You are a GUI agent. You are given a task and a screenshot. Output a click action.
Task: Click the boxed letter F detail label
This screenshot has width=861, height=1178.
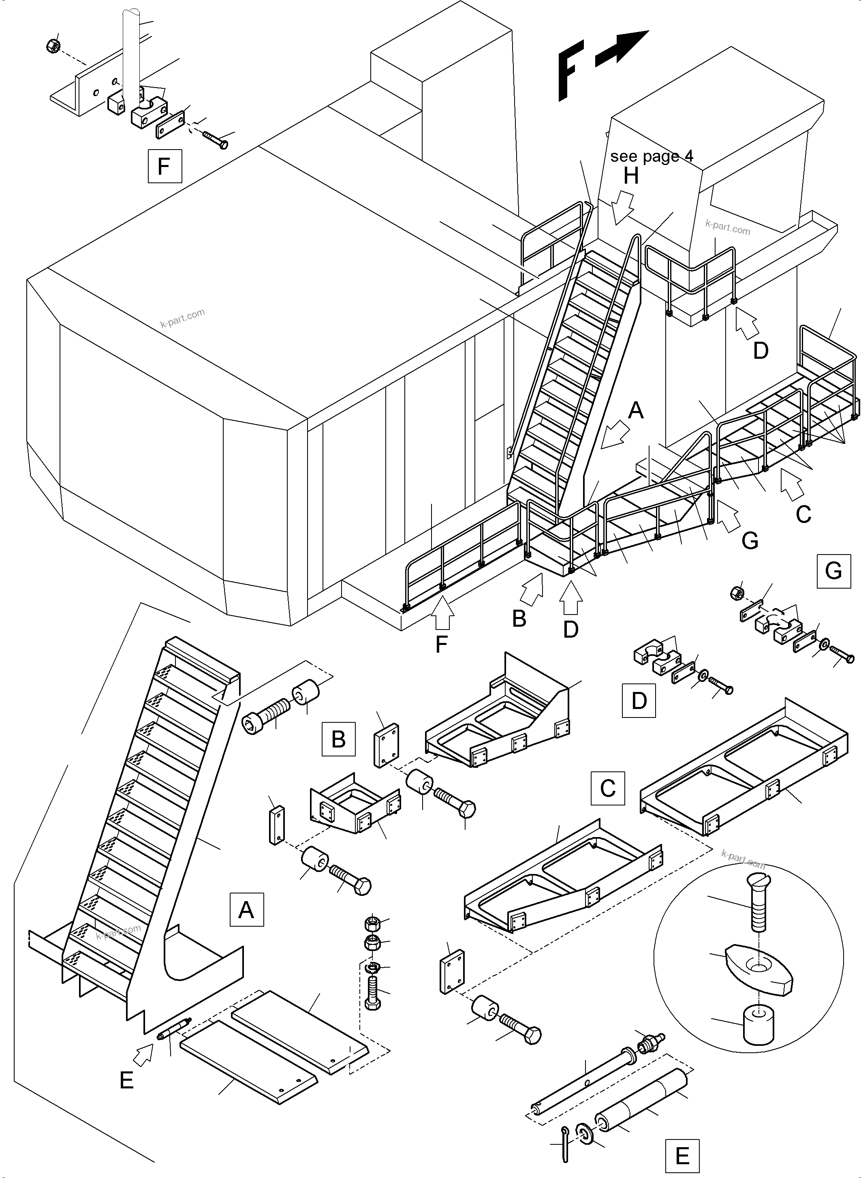[165, 166]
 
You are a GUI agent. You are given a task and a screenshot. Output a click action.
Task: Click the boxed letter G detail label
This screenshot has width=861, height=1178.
[833, 571]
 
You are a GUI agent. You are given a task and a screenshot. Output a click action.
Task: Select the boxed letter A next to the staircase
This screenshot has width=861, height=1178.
[246, 909]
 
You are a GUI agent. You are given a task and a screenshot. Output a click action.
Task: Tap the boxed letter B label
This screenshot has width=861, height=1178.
[338, 739]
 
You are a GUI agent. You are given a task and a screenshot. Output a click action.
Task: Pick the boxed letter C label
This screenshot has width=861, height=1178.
[607, 788]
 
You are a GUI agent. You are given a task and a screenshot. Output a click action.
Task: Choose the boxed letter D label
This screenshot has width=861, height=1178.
[639, 701]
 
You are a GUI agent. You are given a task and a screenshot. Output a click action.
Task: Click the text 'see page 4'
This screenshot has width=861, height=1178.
[652, 156]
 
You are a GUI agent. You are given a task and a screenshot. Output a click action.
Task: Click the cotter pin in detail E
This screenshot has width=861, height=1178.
[565, 1143]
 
